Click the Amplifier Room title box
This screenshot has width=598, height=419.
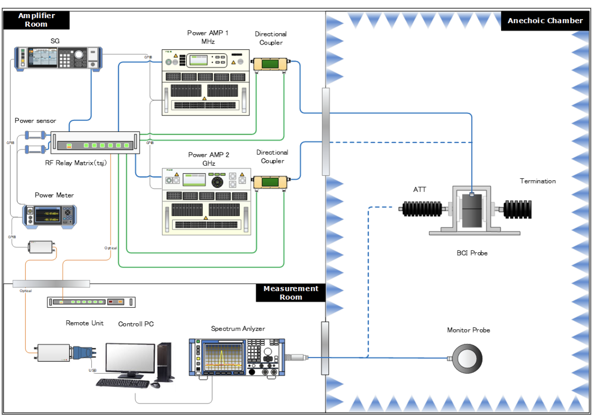click(x=36, y=20)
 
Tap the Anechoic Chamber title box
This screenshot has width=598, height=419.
click(x=545, y=21)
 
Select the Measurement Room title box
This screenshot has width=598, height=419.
click(x=291, y=293)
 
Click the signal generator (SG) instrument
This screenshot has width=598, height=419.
click(x=58, y=58)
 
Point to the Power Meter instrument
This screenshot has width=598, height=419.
click(x=50, y=216)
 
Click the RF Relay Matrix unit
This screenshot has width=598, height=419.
click(x=95, y=143)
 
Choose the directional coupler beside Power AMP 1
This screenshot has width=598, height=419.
click(x=270, y=64)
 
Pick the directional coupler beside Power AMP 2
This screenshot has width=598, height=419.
click(x=270, y=182)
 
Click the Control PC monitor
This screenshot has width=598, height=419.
click(x=130, y=358)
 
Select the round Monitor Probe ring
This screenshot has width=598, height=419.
click(x=467, y=359)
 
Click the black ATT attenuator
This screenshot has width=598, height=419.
click(x=422, y=209)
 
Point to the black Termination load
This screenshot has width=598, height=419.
click(x=518, y=209)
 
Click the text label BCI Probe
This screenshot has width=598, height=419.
click(x=472, y=253)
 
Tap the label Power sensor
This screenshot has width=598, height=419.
click(x=35, y=121)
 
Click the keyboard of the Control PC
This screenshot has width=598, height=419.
click(x=123, y=383)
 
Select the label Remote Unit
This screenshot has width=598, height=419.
click(x=84, y=323)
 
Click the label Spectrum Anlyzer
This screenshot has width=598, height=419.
click(x=238, y=329)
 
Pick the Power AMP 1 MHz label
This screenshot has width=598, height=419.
click(x=208, y=37)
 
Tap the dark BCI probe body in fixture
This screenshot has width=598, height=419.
click(x=472, y=210)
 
